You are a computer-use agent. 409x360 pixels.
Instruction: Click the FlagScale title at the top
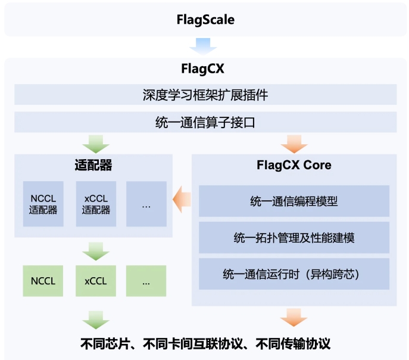[x=205, y=20]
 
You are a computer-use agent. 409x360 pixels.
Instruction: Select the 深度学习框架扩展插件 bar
[x=205, y=95]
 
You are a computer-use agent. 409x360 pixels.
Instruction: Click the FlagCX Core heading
[x=294, y=165]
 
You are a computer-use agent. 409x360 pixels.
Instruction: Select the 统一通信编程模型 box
[x=294, y=201]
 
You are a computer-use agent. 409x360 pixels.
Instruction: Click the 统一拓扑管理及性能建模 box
[x=294, y=238]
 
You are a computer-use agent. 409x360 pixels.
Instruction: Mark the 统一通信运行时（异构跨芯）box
[x=294, y=274]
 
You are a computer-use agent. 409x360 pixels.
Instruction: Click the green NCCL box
[x=43, y=280]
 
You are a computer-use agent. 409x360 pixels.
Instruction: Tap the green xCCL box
[x=95, y=280]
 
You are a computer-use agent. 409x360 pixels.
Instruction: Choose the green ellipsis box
[x=146, y=280]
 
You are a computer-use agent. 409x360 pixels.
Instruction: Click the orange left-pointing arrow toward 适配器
[x=181, y=199]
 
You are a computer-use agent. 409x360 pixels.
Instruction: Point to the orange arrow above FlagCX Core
[x=294, y=144]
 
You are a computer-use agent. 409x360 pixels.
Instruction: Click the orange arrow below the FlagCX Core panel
[x=294, y=317]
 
